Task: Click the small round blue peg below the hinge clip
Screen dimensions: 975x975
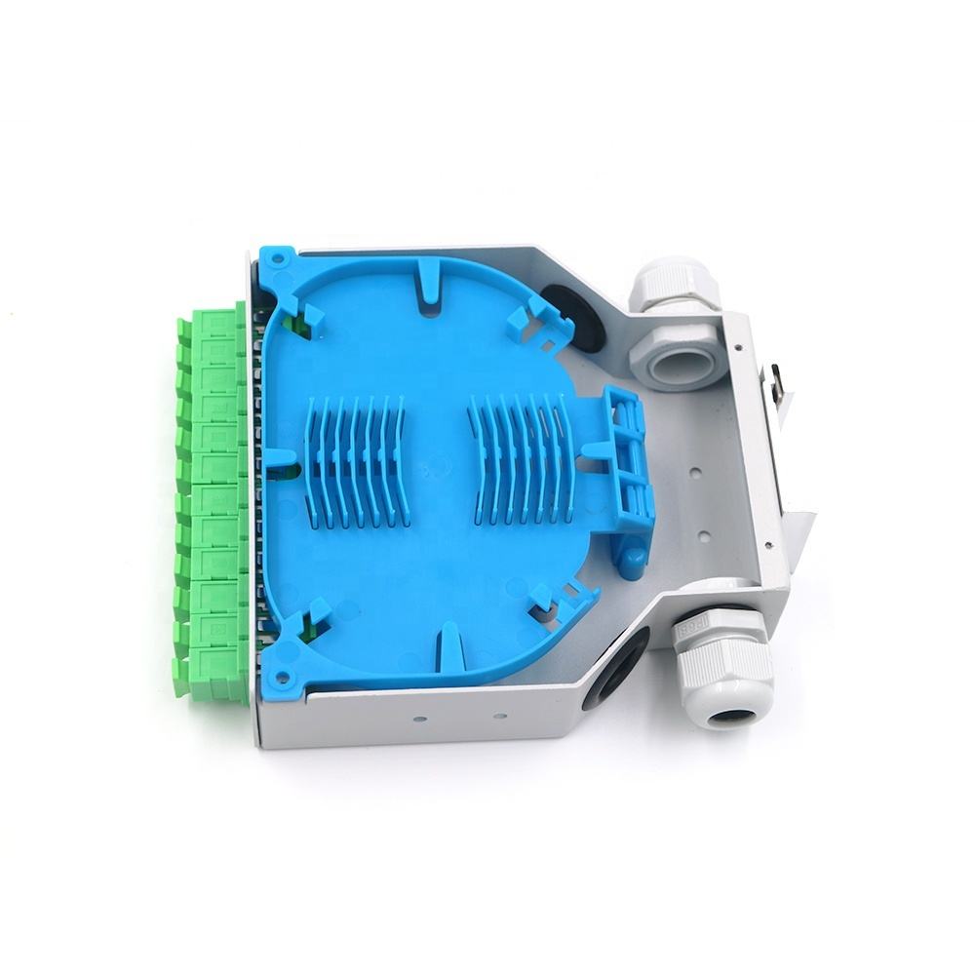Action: click(x=633, y=561)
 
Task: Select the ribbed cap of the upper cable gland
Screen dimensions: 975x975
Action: click(x=671, y=283)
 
